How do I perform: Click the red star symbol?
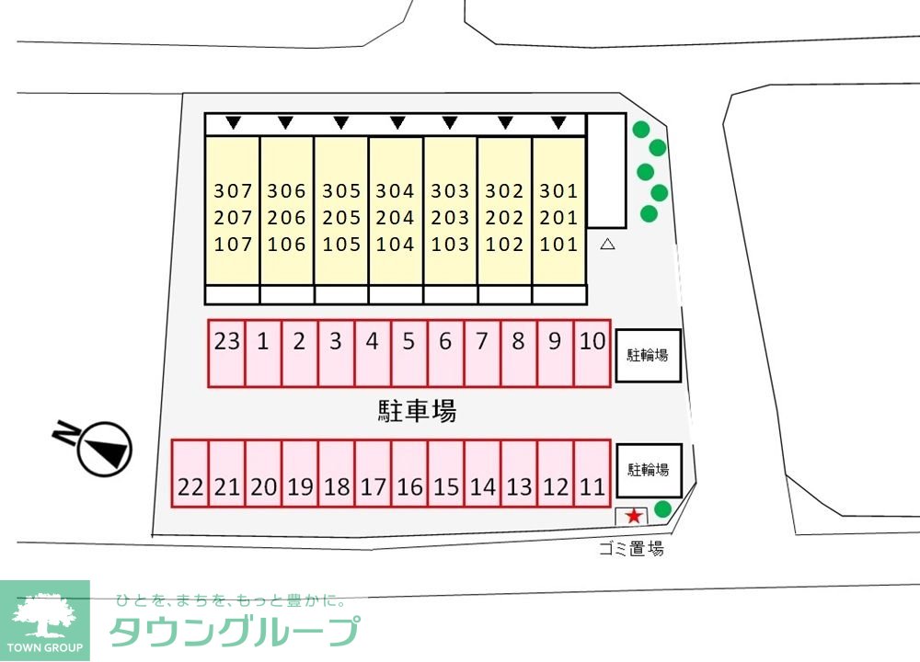click(634, 517)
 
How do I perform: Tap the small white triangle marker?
click(607, 245)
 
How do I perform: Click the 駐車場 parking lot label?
click(417, 411)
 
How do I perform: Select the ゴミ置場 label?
click(630, 550)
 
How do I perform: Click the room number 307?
click(232, 191)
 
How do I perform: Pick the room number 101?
click(558, 245)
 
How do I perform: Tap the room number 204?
click(396, 218)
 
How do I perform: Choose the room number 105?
click(341, 245)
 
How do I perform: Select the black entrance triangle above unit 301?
click(558, 122)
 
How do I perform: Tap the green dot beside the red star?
click(662, 508)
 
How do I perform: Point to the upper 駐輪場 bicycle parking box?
click(648, 355)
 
